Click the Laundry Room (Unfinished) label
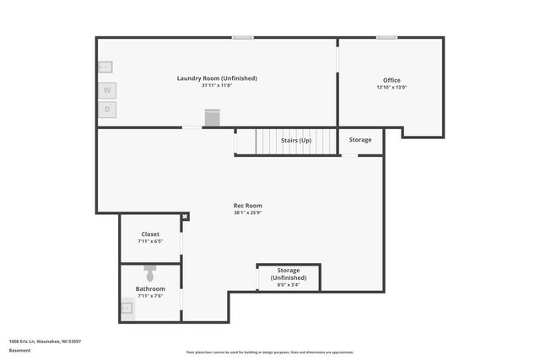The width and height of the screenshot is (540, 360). point(217,78)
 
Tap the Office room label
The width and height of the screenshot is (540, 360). point(391,80)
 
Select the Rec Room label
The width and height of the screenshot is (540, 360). point(248,206)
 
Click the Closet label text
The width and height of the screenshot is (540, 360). point(150,234)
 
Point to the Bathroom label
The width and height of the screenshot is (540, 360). point(150,288)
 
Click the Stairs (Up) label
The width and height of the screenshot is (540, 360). point(295,140)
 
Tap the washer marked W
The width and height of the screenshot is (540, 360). point(107,89)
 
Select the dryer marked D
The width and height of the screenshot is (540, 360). point(107,110)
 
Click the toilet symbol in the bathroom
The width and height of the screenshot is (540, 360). point(150,274)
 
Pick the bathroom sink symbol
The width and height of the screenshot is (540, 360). point(127,309)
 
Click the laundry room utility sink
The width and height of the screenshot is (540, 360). point(105,67)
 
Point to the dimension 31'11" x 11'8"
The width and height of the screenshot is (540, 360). point(217,86)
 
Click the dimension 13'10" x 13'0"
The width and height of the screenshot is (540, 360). point(391,88)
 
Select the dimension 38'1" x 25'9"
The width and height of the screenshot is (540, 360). point(248,213)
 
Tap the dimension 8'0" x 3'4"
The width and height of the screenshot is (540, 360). point(289,285)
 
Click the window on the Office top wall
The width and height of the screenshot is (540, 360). point(387,37)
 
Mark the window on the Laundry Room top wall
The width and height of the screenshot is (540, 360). point(243,37)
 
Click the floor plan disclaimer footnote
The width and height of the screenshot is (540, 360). point(270,352)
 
